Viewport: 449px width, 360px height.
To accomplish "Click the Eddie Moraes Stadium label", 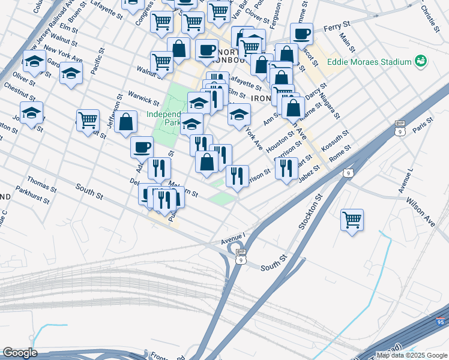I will (x=369, y=62).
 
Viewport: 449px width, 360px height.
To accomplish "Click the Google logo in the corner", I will (x=20, y=353).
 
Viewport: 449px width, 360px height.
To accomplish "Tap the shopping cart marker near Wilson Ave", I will (x=352, y=220).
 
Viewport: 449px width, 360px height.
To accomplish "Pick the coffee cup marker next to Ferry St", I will (x=302, y=34).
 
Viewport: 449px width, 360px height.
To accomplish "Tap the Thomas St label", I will (x=42, y=182).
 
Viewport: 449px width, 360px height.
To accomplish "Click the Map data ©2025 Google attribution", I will (x=412, y=355).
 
